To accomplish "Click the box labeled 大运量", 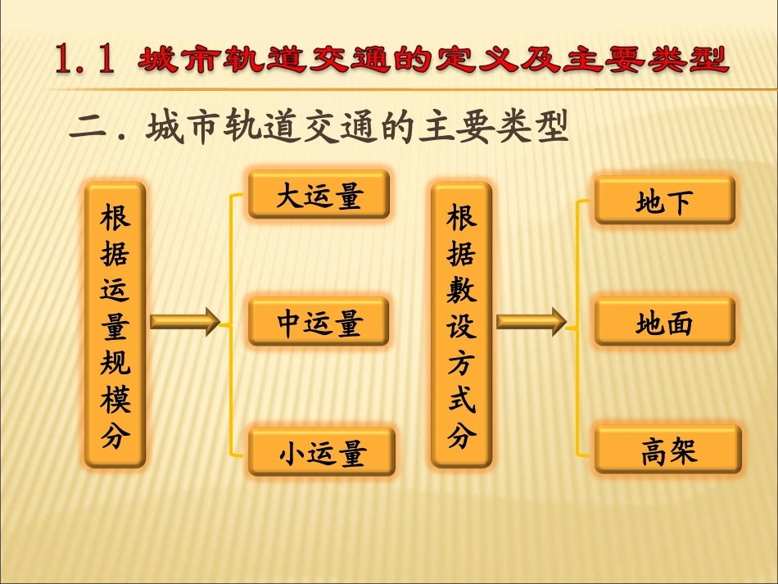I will (319, 195).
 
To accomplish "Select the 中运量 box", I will (319, 322).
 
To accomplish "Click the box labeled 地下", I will (664, 199).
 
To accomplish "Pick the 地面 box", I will (664, 322).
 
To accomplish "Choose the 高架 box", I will (667, 450).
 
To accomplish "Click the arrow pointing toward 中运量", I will (185, 322).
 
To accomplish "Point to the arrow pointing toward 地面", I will (531, 322).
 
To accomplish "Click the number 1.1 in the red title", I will (84, 61).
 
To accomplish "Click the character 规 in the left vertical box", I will (115, 364).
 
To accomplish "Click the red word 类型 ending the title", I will (686, 61).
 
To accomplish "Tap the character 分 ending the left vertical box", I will (115, 436).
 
